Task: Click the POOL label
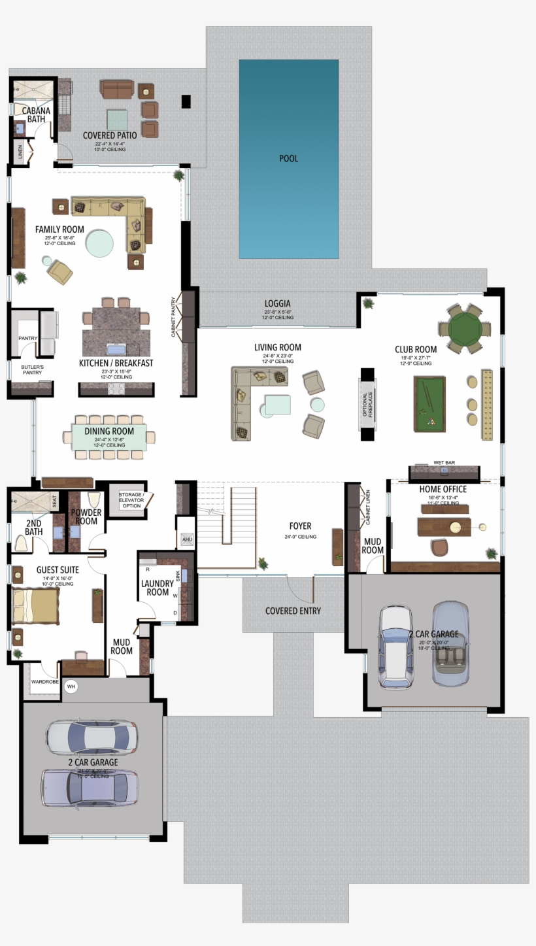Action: coord(288,159)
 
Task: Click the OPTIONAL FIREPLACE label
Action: coord(367,405)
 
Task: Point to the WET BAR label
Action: coord(444,463)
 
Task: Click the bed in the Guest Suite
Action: coord(35,605)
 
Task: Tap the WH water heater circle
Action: coord(71,686)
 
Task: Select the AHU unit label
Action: coord(187,539)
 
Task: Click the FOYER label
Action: coord(300,526)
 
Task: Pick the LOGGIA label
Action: coord(277,304)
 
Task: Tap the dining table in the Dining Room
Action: coord(109,437)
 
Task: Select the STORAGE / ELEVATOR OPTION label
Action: coord(131,500)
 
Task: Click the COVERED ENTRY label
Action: coord(293,611)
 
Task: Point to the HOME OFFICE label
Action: coord(443,489)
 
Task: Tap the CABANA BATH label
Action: coord(36,115)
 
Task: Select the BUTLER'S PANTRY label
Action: coord(32,371)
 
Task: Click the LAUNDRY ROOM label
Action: coord(158,588)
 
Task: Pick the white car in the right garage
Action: coord(396,646)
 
